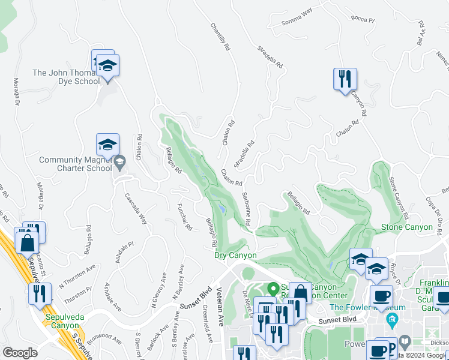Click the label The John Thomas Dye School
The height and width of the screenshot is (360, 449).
coord(66,77)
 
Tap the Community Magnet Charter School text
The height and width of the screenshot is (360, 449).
coord(76,164)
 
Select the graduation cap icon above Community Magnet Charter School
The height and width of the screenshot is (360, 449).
coord(107,145)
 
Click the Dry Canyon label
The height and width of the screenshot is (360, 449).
coord(236,256)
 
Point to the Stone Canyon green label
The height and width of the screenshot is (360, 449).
coord(407,227)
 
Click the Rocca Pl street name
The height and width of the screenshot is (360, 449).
coord(363,20)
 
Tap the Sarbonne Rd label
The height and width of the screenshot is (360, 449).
coord(247,209)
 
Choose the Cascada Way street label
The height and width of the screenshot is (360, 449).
coord(136,208)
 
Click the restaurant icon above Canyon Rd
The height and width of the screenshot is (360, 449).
coord(345,80)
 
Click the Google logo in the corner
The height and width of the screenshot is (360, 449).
coord(20,353)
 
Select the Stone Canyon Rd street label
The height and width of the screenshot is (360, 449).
coord(397,197)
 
